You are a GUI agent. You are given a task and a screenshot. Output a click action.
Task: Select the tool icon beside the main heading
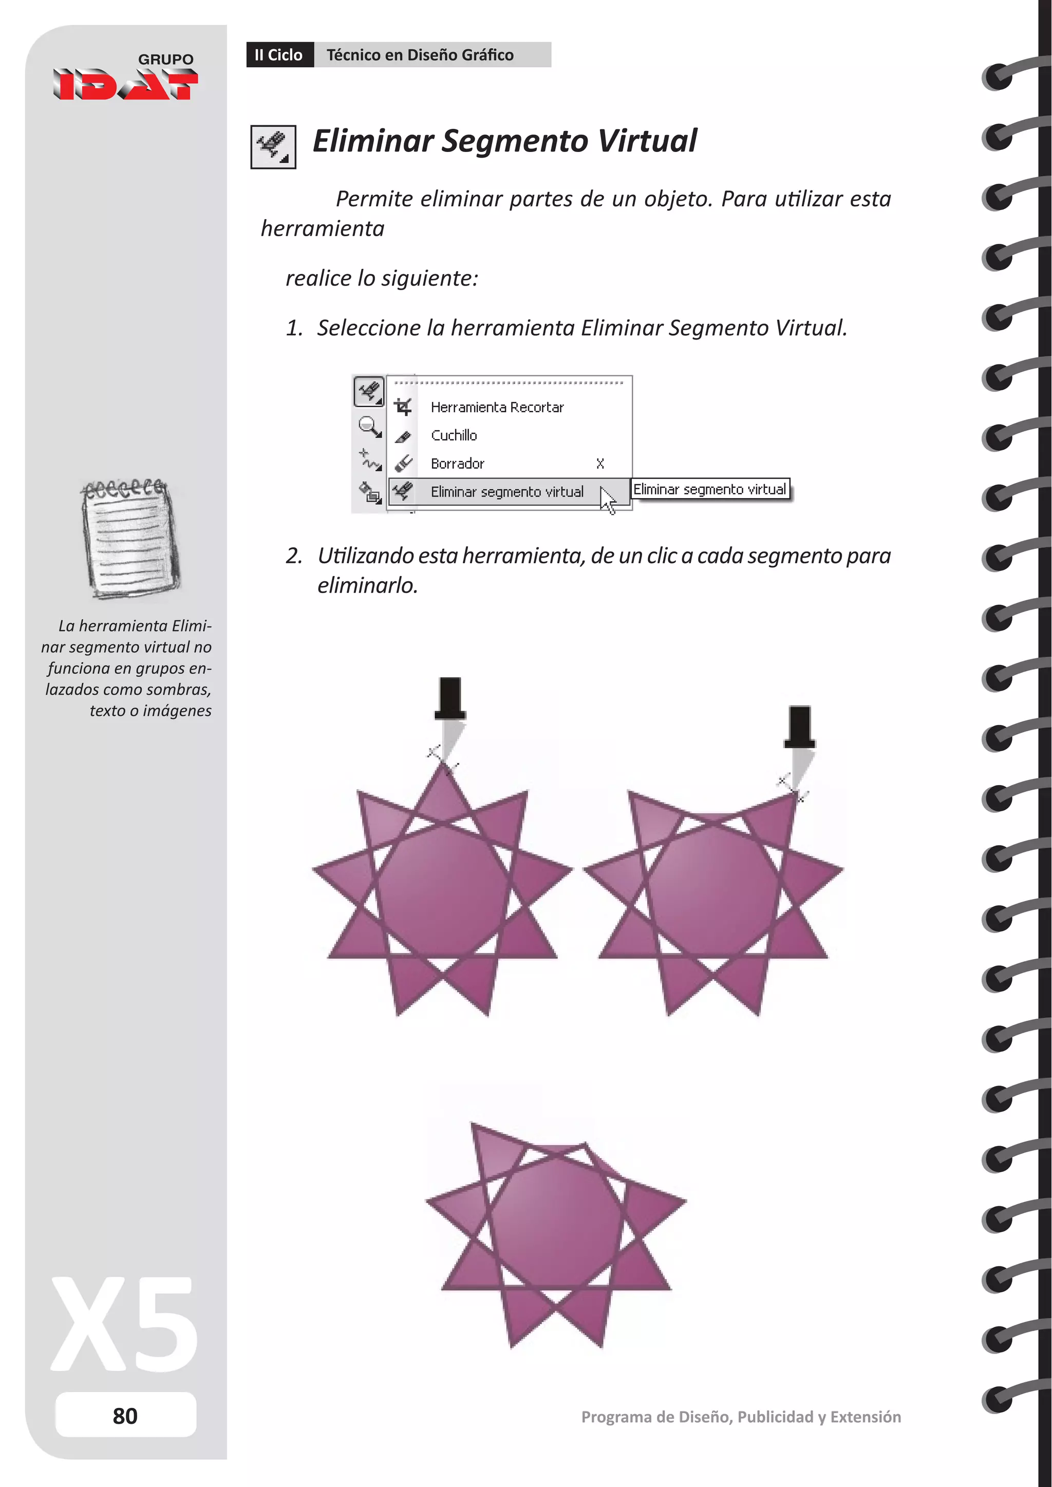(273, 147)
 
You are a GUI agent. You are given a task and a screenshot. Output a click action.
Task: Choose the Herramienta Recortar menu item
(497, 407)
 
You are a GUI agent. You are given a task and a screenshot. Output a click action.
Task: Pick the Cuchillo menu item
(454, 435)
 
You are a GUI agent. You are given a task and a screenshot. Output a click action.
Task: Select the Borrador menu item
(457, 464)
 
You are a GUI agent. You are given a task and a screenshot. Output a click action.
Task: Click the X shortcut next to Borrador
(600, 464)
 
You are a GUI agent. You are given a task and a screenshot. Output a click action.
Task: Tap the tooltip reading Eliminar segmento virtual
(710, 490)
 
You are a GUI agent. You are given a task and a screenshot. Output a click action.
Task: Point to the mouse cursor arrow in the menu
(607, 500)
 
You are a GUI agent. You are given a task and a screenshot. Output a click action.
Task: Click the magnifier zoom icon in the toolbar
(369, 427)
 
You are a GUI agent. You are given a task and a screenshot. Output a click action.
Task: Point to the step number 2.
(294, 556)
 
